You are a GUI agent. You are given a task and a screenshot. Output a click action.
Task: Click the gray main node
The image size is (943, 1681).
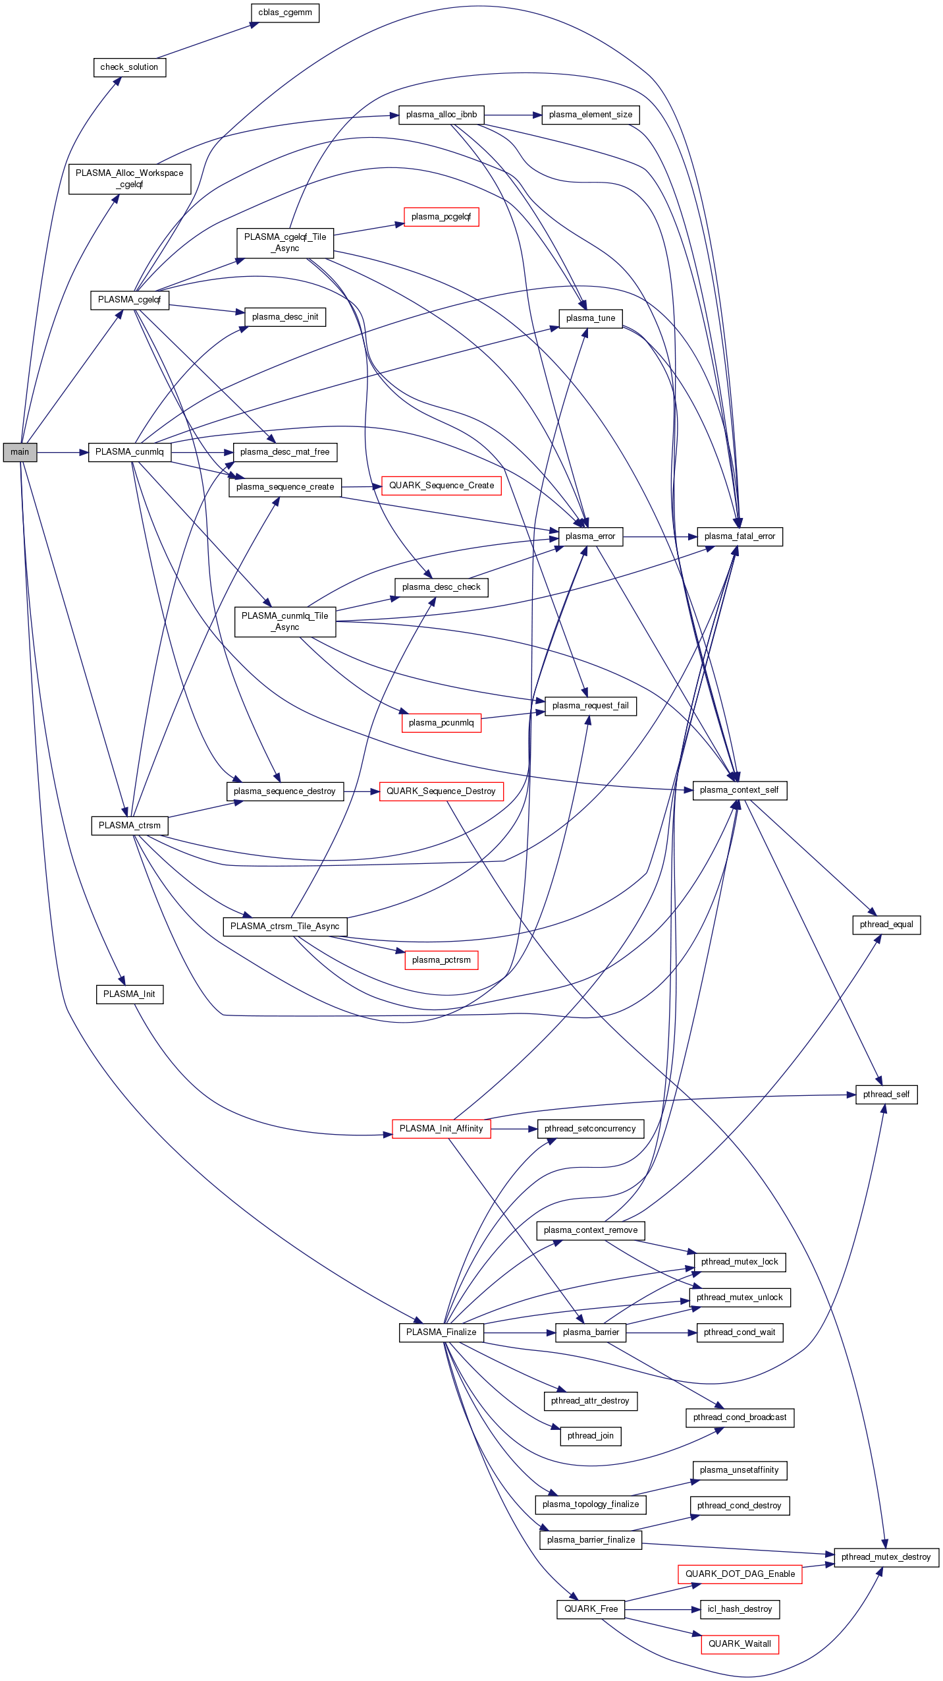coord(20,452)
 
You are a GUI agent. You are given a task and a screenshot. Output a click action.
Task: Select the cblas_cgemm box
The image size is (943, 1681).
coord(284,13)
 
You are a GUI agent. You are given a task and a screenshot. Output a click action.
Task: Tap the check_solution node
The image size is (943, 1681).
coord(129,67)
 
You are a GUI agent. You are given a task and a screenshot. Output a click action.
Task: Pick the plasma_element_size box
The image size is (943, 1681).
coord(590,115)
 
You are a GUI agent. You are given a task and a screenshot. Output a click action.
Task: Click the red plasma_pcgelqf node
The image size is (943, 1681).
coord(441,217)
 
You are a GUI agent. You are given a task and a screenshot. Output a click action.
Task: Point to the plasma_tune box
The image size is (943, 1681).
coord(590,318)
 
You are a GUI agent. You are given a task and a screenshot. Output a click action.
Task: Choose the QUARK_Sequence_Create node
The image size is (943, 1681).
coord(441,486)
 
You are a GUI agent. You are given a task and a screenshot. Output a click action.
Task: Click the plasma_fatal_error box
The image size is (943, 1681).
coord(740,536)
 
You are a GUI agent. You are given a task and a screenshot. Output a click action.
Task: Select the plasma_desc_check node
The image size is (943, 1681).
coord(441,587)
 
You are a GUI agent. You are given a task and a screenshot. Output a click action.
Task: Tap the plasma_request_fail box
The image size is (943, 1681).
coord(590,706)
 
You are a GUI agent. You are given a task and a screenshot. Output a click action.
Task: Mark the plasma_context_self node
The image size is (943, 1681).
coord(740,790)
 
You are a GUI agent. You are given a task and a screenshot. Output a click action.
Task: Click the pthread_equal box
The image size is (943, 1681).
coord(886,925)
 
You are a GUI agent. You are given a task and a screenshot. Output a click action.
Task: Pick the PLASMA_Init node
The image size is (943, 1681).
coord(129,994)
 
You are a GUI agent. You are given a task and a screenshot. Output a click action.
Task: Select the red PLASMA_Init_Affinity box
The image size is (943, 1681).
coord(441,1128)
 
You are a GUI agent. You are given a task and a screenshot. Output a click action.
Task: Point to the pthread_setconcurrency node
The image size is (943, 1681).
coord(590,1129)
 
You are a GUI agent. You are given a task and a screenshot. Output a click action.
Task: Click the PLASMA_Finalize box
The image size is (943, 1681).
coord(441,1332)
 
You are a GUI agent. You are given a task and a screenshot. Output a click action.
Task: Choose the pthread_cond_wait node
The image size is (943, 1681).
coord(740,1332)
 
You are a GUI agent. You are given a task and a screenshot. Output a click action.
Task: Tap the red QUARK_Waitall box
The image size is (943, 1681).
coord(740,1644)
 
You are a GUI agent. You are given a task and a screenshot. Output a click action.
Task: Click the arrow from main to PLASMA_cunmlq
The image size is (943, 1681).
coord(63,453)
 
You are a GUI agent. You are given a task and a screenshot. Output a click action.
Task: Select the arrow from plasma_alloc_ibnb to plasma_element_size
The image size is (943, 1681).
coord(512,115)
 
